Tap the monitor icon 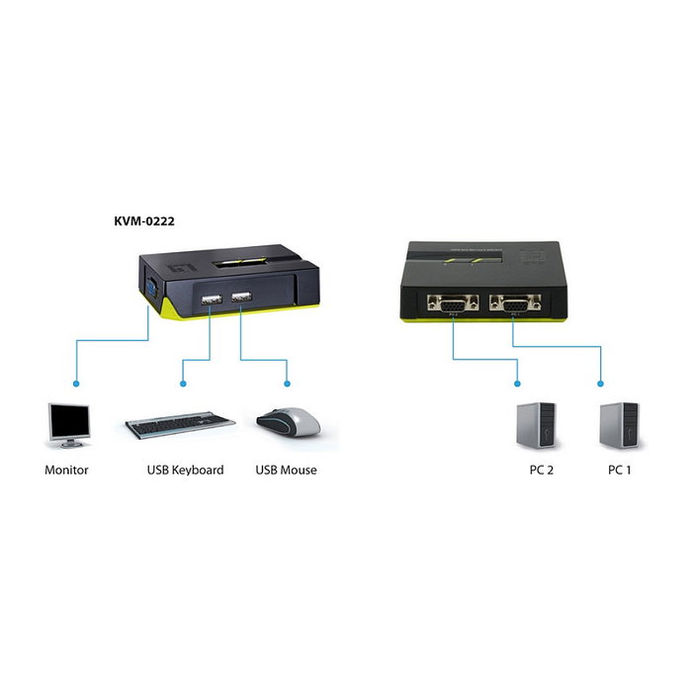[x=68, y=426]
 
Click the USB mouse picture [x=289, y=422]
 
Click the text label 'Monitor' [x=66, y=470]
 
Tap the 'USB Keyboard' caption [x=185, y=470]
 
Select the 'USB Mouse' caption [x=286, y=470]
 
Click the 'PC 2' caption [x=541, y=470]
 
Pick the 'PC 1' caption [x=620, y=470]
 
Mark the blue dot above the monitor [x=74, y=383]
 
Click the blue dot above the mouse [x=287, y=383]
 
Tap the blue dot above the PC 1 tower [x=600, y=384]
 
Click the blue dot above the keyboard [x=180, y=383]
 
